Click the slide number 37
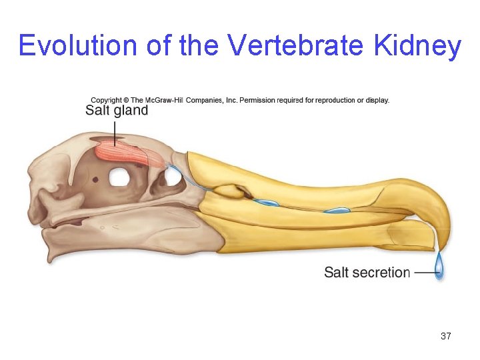446,337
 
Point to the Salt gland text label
117,111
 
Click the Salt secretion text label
367,272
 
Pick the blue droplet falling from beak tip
439,267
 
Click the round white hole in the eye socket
119,177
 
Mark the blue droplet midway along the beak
337,211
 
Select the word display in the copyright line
376,100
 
